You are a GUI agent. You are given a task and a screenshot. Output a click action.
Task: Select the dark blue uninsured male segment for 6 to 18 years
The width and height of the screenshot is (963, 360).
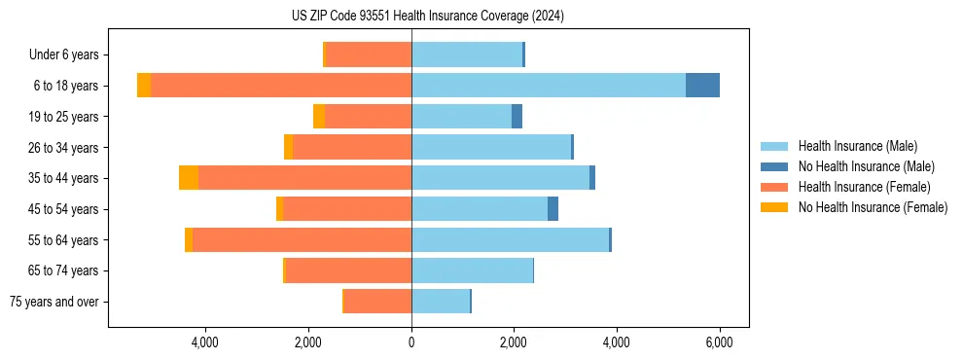pyautogui.click(x=702, y=86)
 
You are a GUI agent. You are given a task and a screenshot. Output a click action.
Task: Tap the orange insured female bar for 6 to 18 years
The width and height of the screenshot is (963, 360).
pyautogui.click(x=281, y=86)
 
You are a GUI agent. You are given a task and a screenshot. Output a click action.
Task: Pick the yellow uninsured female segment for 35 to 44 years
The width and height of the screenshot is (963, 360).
pyautogui.click(x=189, y=178)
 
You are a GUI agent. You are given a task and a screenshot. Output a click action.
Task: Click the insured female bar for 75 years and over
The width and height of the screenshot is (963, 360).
pyautogui.click(x=377, y=302)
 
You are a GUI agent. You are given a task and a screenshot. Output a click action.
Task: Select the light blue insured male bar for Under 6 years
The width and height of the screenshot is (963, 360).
pyautogui.click(x=467, y=54)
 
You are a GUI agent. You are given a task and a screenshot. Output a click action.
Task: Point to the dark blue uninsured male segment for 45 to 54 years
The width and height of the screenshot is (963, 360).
pyautogui.click(x=553, y=209)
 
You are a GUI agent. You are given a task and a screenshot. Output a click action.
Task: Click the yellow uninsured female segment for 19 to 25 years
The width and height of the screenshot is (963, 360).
pyautogui.click(x=319, y=117)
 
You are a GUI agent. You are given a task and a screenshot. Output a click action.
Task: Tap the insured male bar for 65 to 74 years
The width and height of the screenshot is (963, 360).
pyautogui.click(x=472, y=270)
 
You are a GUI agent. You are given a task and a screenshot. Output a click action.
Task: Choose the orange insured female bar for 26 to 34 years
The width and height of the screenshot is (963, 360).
pyautogui.click(x=352, y=147)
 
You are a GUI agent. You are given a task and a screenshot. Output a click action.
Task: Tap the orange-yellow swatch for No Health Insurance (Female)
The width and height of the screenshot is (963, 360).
pyautogui.click(x=774, y=207)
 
